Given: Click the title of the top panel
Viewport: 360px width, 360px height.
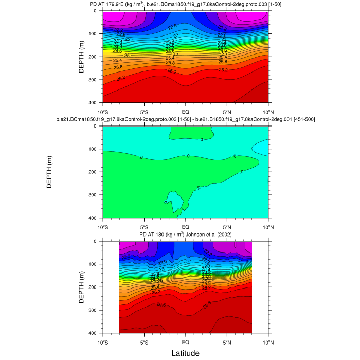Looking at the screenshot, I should pos(185,4).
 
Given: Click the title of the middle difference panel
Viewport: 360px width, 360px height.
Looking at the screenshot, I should pos(185,119).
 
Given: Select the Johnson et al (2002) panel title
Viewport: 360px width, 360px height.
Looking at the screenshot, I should pos(185,235).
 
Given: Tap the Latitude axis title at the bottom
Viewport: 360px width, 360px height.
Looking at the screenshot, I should pos(185,353).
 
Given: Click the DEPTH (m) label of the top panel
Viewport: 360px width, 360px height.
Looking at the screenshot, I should pos(82,57).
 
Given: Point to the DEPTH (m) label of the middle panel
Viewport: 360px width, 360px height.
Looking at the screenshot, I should pos(50,172).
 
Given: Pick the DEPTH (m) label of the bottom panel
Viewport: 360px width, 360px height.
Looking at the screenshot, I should pos(82,287).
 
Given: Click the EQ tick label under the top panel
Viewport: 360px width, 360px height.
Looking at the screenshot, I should pos(186,111).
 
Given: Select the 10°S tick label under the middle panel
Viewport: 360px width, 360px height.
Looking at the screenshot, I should pos(102,226).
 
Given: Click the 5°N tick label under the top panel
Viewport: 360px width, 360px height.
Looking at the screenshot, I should pos(227,111).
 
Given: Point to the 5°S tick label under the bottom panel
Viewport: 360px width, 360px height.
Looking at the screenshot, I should pos(144,342).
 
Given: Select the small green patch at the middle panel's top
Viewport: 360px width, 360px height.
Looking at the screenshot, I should pos(185,134).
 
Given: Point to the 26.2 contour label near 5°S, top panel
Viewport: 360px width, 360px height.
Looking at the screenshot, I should pos(121,78).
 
